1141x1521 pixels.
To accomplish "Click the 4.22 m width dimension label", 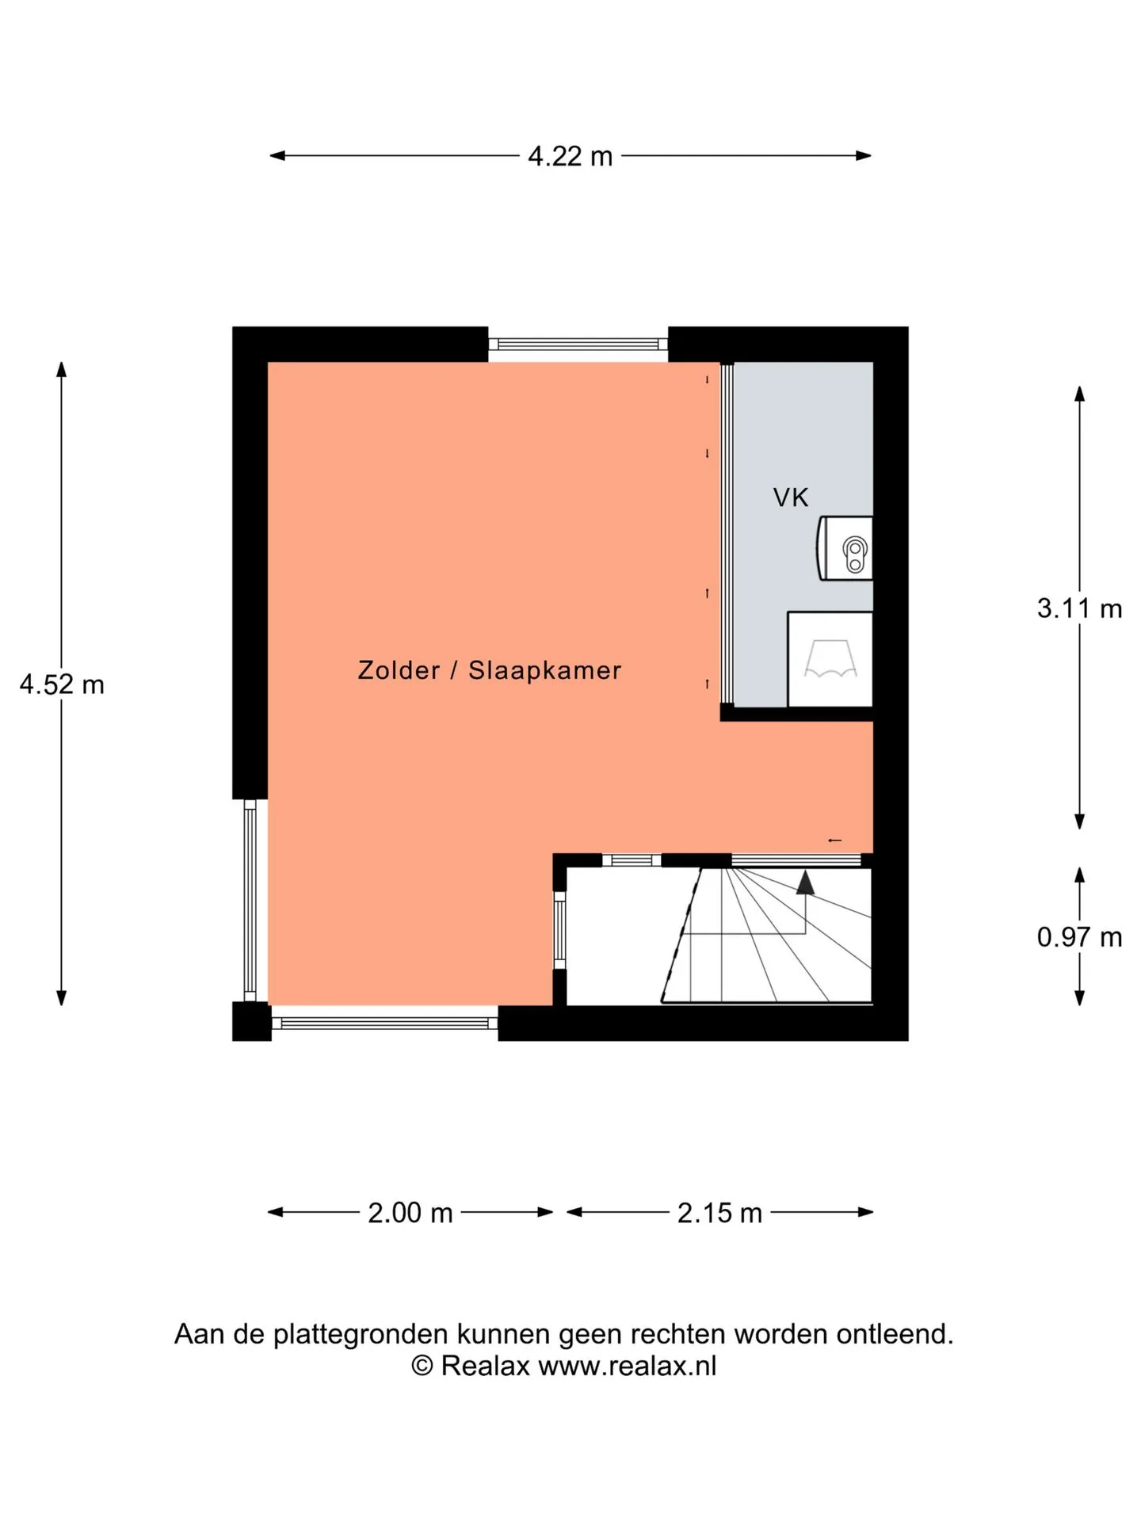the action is point(570,156).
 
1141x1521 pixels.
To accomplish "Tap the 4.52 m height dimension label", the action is point(62,684).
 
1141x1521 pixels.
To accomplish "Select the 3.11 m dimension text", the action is point(1079,608).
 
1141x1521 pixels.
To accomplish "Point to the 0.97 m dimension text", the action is point(1079,937).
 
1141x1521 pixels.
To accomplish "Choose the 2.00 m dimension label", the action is point(410,1213).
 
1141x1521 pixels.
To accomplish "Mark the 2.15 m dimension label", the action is point(719,1213).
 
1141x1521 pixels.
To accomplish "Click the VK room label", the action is point(791,497).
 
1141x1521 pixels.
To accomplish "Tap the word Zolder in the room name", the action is point(399,670).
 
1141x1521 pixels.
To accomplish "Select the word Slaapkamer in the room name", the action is point(545,670).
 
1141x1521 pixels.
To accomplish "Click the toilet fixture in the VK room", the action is point(845,548).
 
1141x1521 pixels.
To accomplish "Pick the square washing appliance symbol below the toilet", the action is point(830,659).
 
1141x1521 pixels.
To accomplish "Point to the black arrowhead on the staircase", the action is point(805,882).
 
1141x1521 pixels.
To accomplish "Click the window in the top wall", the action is point(578,344).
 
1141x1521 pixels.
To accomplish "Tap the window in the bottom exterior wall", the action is point(385,1023).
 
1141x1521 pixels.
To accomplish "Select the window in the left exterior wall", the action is point(250,900).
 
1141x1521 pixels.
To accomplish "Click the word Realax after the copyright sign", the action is point(485,1366).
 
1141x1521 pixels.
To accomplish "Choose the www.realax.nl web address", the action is point(628,1366).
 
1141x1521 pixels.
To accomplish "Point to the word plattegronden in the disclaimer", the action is point(361,1335).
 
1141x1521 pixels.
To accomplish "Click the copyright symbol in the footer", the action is point(422,1367).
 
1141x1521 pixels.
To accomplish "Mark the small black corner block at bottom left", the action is point(252,1021).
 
